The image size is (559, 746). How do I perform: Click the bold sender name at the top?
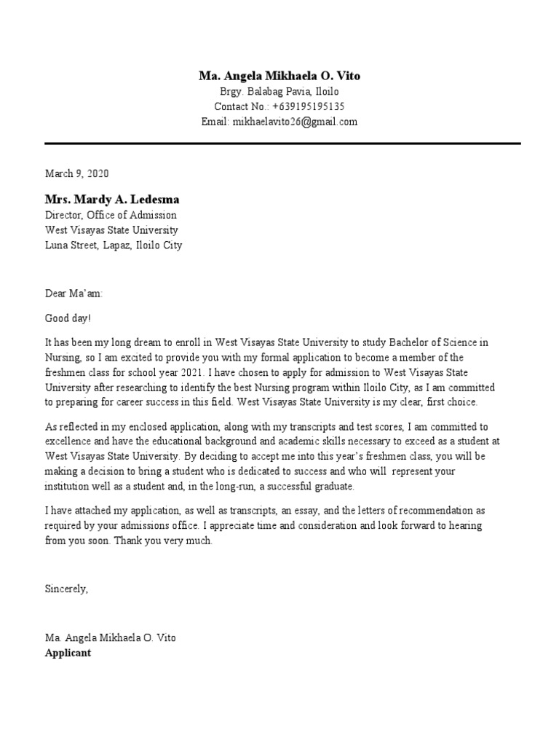coord(279,76)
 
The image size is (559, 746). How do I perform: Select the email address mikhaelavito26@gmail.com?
coord(295,122)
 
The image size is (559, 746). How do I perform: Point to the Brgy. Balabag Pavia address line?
coord(279,92)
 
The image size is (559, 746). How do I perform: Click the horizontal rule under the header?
coord(282,144)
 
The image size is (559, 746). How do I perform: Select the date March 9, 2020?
coord(76,173)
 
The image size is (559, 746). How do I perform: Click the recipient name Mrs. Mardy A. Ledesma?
coord(112,199)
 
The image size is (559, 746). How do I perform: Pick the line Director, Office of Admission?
coord(111,215)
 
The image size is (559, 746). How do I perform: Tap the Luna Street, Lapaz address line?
coord(114,246)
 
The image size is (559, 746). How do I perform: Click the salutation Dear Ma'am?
coord(74,294)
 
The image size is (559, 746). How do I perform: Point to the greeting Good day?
coord(69,318)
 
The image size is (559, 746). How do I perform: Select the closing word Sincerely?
coord(66,589)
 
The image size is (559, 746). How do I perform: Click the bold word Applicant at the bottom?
coord(68,653)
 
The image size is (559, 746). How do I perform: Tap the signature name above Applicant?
coord(110,637)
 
